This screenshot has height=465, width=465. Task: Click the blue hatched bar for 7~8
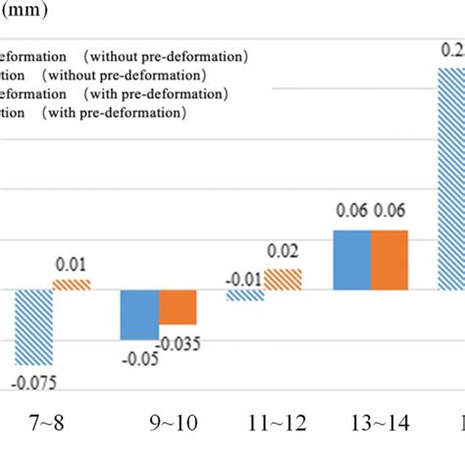[33, 328]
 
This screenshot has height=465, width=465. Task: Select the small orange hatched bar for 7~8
[71, 284]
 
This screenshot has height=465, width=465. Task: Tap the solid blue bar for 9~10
[139, 315]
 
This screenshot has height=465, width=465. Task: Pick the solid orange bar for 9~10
[178, 307]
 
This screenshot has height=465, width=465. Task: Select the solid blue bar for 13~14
[352, 260]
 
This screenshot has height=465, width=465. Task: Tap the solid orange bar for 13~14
[389, 260]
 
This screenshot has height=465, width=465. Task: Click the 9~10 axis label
[158, 426]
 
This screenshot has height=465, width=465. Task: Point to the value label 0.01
[70, 264]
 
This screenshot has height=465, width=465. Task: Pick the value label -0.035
[181, 343]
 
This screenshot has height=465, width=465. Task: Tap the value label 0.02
[284, 252]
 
